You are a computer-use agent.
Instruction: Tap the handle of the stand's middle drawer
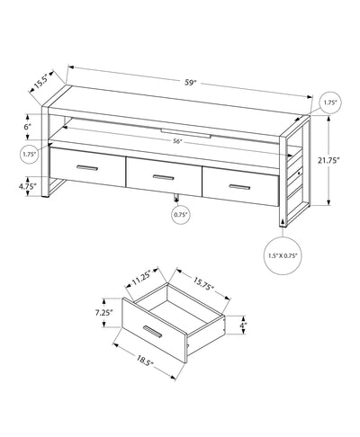(x=162, y=176)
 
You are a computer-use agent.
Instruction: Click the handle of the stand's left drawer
(x=87, y=168)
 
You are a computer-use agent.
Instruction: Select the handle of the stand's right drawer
(x=238, y=185)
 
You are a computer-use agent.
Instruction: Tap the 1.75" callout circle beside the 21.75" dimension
(x=328, y=104)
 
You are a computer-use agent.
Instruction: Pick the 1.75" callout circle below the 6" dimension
(x=31, y=154)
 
